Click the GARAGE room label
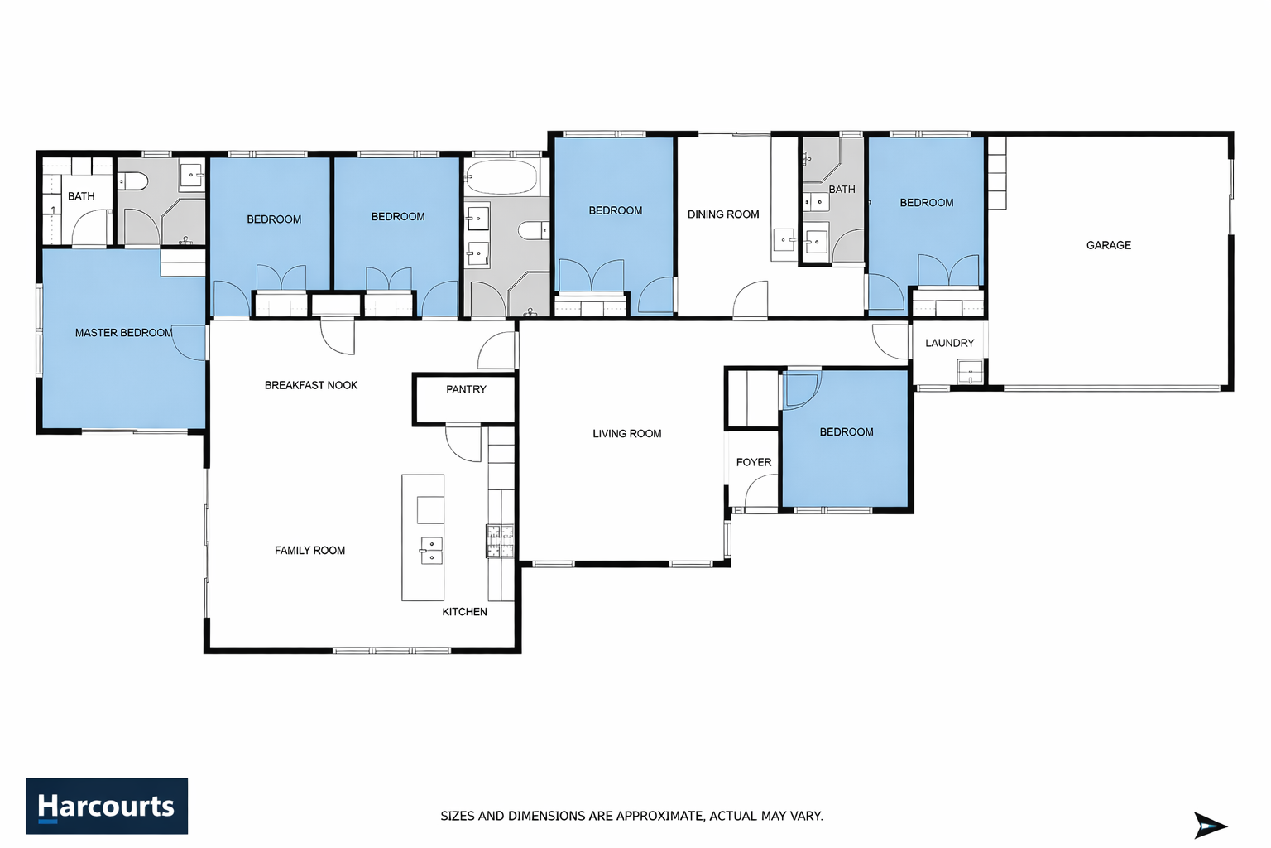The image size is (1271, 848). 1108,245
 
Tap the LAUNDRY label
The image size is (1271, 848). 949,343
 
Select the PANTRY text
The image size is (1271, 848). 466,390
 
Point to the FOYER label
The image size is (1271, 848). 754,462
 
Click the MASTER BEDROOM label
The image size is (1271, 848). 123,333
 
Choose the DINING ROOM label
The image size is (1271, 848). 723,214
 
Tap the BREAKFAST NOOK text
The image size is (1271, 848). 311,386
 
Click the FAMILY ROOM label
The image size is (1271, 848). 309,551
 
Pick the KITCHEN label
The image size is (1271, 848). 464,612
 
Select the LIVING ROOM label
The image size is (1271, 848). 627,434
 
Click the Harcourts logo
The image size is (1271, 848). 107,806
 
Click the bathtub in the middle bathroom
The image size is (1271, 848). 501,176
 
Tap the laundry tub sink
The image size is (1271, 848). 970,372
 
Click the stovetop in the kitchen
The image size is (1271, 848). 500,540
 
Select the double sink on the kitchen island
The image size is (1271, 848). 431,551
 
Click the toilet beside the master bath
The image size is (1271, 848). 134,181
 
